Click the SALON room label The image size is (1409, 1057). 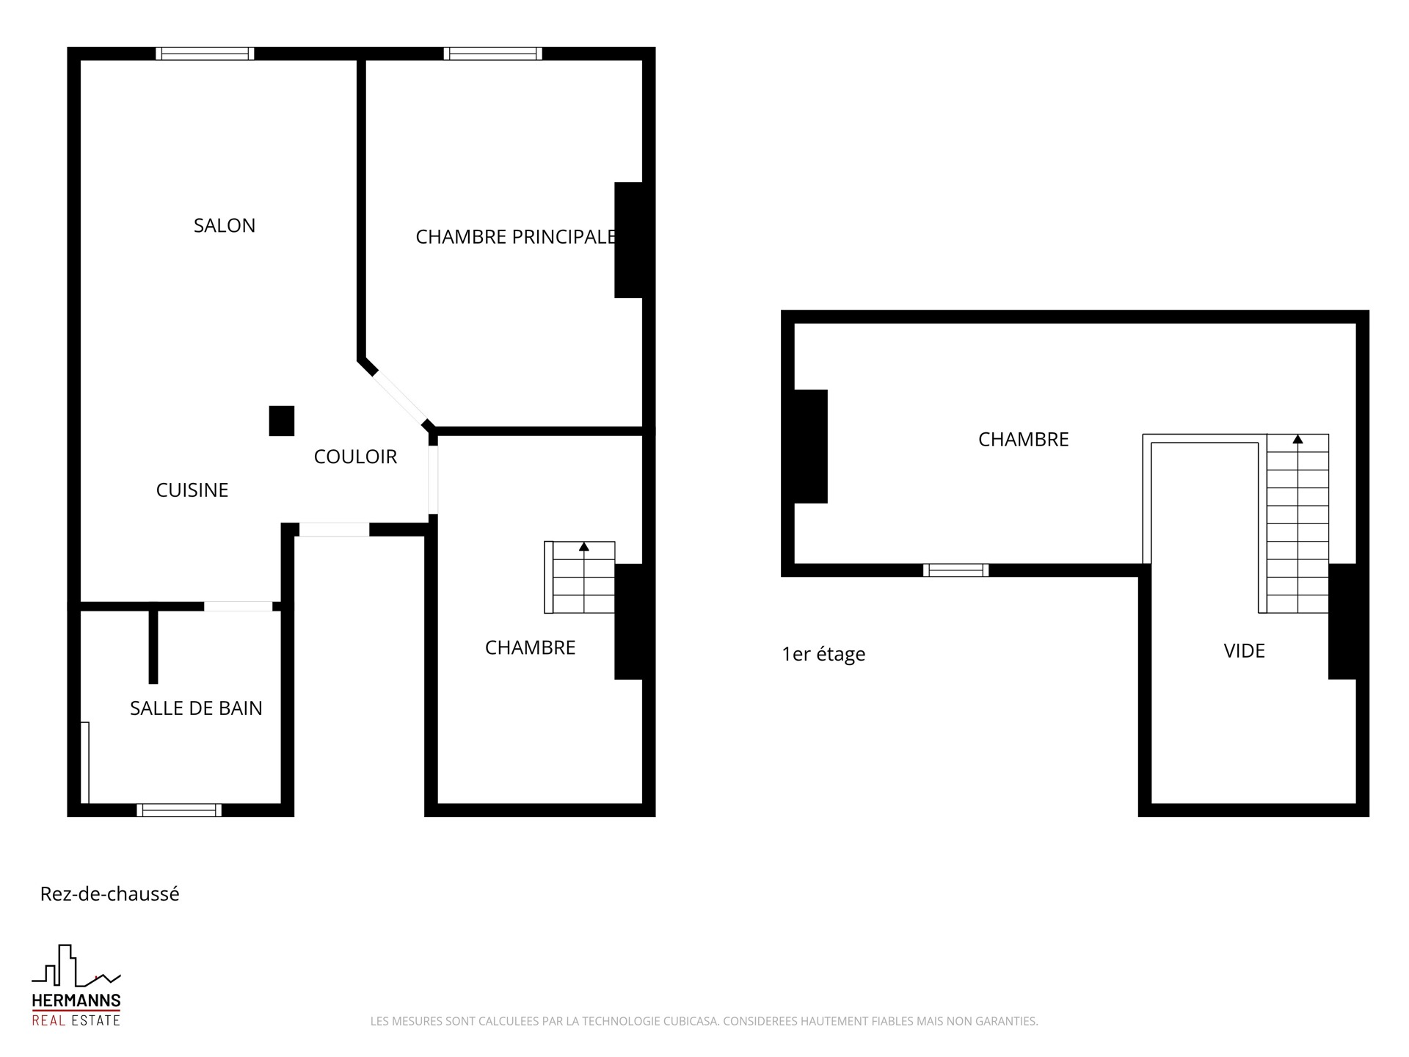(225, 225)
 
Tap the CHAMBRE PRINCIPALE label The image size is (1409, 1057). (516, 237)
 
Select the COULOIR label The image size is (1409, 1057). (355, 457)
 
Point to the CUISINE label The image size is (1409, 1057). (192, 490)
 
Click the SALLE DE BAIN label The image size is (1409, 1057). (196, 708)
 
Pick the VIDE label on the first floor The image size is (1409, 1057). (1245, 651)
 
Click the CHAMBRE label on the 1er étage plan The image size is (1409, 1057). (1024, 439)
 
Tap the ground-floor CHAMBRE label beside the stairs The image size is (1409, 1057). (531, 647)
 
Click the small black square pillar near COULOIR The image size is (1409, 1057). (282, 421)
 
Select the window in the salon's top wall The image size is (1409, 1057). (205, 54)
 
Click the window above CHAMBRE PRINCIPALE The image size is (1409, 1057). (493, 54)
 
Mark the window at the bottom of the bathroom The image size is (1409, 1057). (179, 810)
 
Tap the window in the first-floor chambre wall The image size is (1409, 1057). (955, 570)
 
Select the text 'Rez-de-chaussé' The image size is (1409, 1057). (110, 894)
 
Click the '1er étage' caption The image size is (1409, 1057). (823, 654)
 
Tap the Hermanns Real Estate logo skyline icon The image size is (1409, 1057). (76, 966)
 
